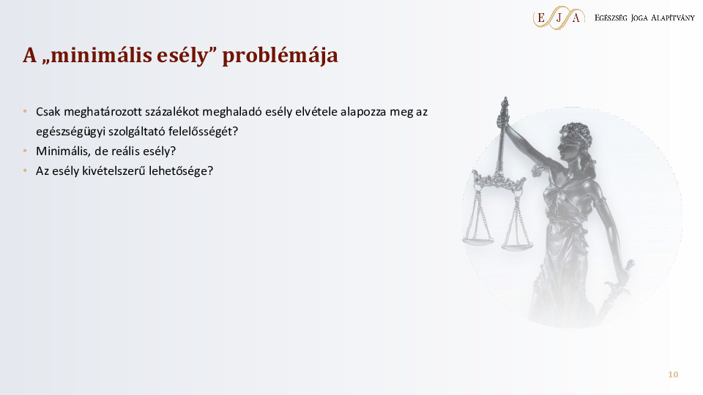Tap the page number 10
point(673,375)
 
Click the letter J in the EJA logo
point(559,18)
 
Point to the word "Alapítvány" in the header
point(669,18)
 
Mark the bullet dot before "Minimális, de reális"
point(24,151)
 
